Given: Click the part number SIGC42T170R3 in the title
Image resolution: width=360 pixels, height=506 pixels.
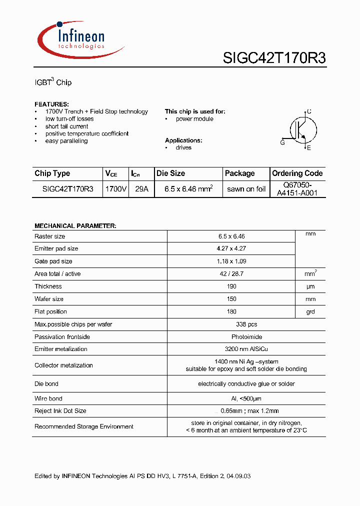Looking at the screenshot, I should pos(274,58).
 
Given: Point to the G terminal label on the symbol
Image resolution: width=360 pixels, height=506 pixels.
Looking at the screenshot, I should pos(282,142).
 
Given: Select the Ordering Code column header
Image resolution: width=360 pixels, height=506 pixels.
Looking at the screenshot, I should pos(297,173).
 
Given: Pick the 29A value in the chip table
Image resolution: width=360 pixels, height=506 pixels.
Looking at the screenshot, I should pos(141,189).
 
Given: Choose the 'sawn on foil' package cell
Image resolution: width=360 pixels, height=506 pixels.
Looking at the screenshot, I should pos(246,189).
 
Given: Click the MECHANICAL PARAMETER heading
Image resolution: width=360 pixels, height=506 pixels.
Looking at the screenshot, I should pos(75,226).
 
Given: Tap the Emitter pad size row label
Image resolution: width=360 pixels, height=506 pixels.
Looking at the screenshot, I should pos(56,248).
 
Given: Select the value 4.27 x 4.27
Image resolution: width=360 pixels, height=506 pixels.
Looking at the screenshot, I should pos(232,248).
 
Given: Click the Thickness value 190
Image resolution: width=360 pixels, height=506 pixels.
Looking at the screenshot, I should pos(232,286).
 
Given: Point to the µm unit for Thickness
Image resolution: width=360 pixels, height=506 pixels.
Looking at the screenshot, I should pos(310,286).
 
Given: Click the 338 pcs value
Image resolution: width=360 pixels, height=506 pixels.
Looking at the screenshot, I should pos(232,324).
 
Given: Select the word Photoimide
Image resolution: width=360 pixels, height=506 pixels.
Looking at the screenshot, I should pos(232,337).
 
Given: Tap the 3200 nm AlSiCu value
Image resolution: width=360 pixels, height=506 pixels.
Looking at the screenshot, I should pos(232,349).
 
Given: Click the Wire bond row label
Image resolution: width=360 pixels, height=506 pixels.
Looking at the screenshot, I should pos(48,398).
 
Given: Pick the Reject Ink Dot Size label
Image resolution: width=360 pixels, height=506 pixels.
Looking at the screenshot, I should pos(60,411).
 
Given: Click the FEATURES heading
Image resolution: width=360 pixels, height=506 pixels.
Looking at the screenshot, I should pos(51,104).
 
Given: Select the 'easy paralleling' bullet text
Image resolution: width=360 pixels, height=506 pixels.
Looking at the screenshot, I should pos(66,141).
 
